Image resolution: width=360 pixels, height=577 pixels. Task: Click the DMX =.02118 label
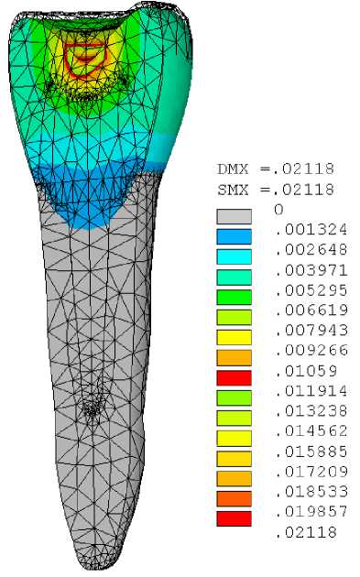point(276,169)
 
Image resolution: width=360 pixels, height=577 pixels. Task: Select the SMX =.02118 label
point(276,190)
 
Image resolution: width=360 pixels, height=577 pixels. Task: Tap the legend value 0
point(279,210)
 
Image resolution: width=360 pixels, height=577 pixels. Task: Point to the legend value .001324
point(311,230)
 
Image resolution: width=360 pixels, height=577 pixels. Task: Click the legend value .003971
point(311,270)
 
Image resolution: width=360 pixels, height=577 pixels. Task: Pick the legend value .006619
point(311,310)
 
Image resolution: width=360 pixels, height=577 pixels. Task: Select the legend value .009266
point(311,350)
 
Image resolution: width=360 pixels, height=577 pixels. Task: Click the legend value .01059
point(306,371)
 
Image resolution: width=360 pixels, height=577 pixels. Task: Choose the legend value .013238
point(311,410)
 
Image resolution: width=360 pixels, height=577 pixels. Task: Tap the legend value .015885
point(311,452)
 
